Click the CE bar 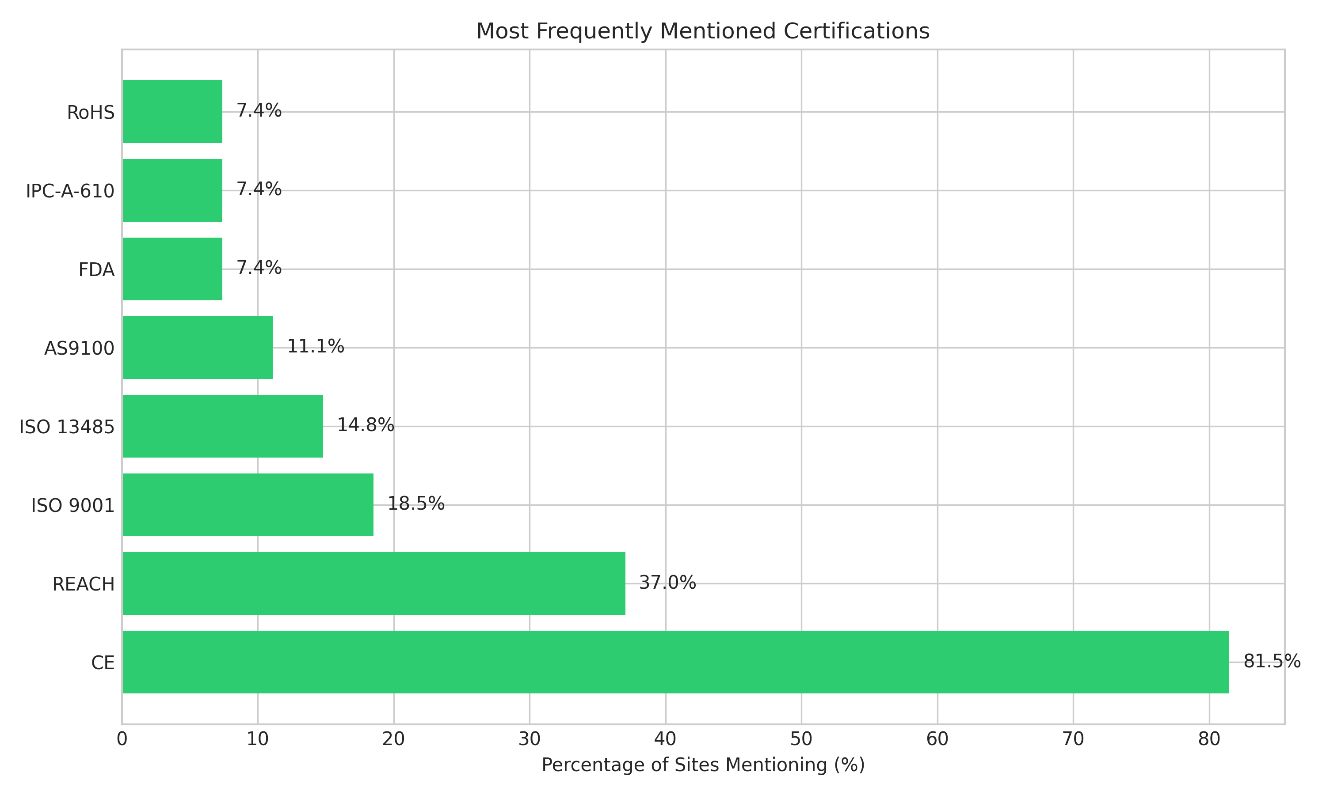click(675, 662)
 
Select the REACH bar click(373, 583)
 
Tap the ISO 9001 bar click(248, 505)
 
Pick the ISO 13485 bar click(222, 426)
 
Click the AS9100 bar click(197, 347)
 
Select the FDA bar click(172, 269)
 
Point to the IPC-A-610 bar click(172, 190)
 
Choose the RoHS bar click(172, 111)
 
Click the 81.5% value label click(1271, 662)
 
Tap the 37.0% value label click(667, 583)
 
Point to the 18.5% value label click(416, 504)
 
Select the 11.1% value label click(316, 347)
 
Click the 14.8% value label click(366, 425)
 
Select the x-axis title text click(703, 765)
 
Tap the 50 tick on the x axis click(801, 739)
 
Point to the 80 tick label click(1209, 739)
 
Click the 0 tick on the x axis click(122, 739)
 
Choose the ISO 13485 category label click(67, 427)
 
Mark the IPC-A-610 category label click(70, 191)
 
